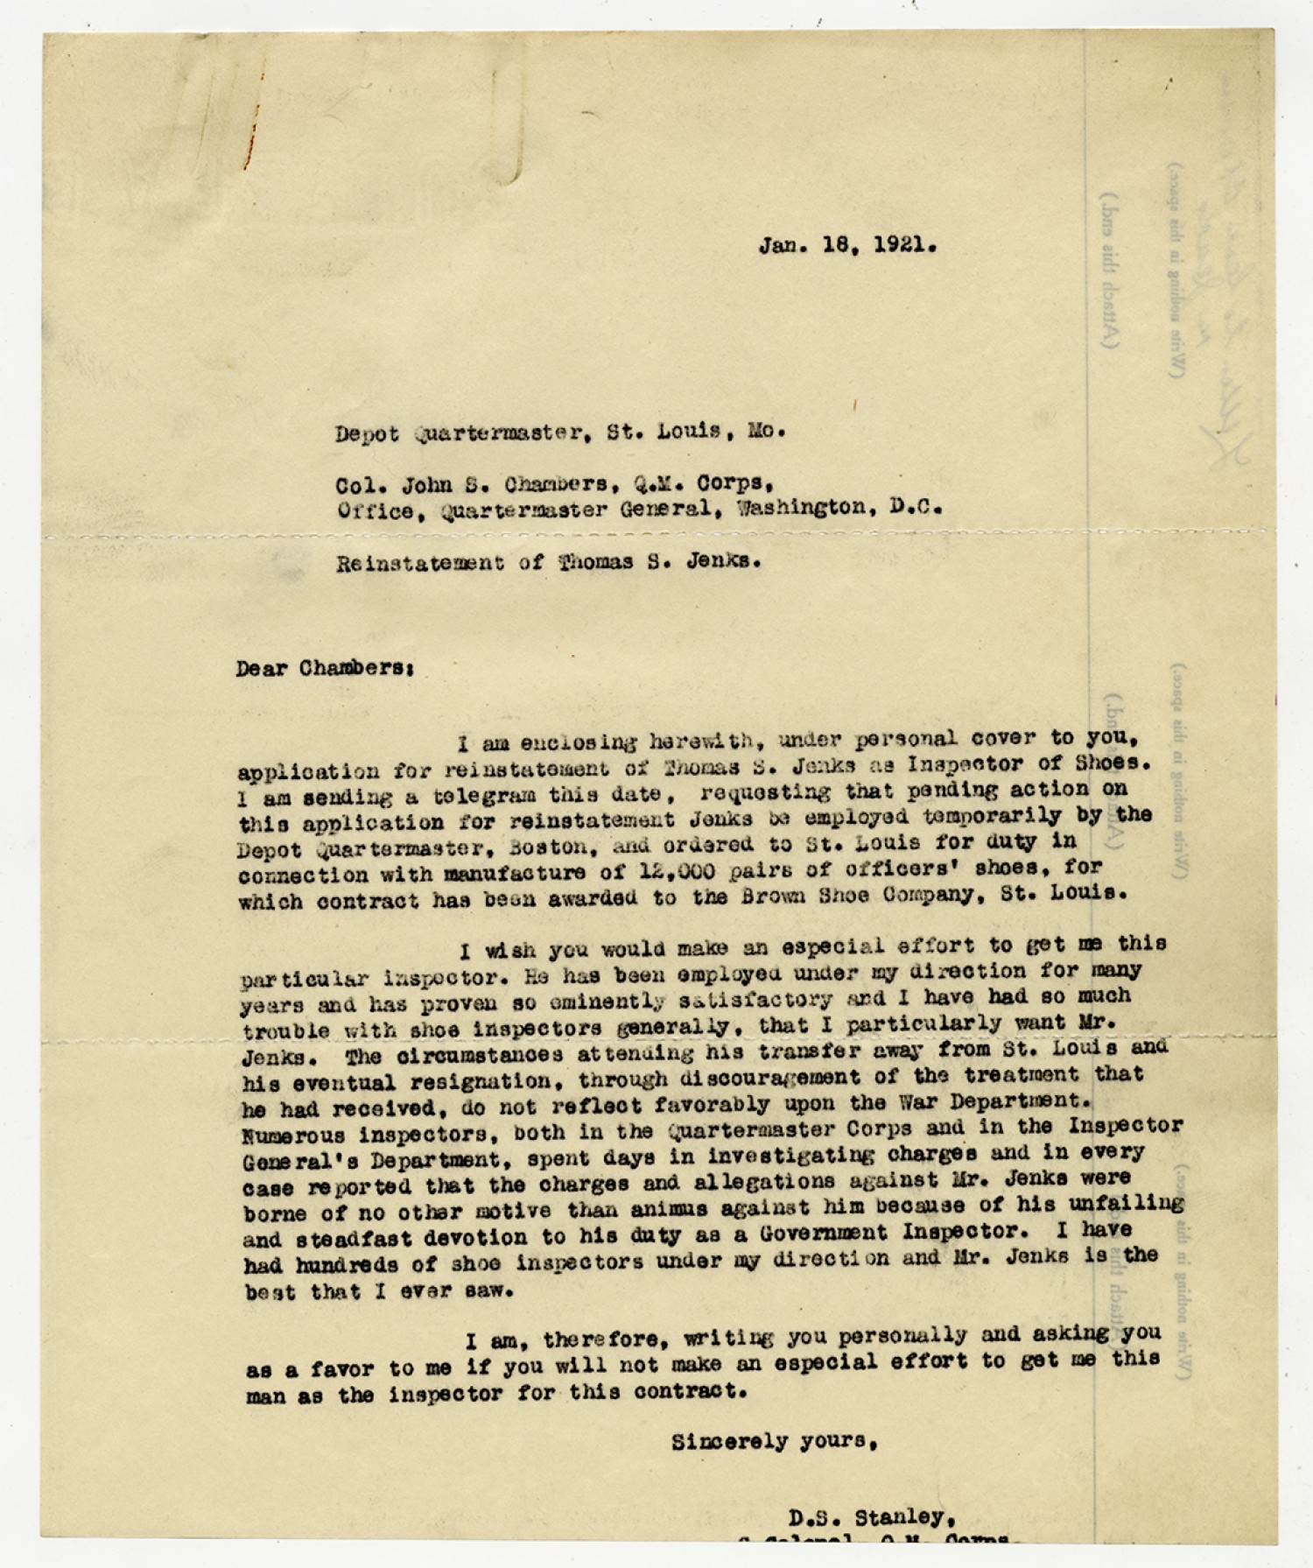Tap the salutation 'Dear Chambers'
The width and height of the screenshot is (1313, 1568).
click(324, 668)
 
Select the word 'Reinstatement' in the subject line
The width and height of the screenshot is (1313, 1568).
click(419, 563)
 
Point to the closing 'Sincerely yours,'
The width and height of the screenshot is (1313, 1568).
click(775, 1442)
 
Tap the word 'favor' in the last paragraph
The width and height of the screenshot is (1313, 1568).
click(335, 1368)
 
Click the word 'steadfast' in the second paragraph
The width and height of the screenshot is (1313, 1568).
click(357, 1239)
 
